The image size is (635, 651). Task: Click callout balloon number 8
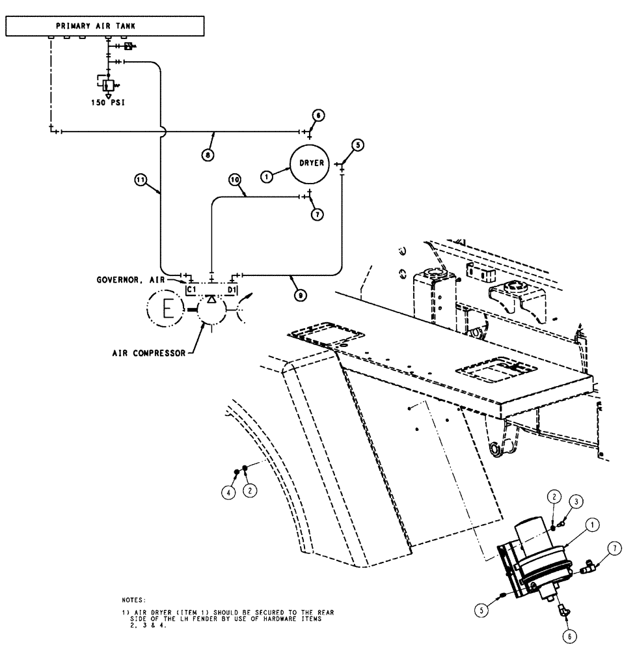pos(207,156)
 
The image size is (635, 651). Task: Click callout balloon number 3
pos(577,501)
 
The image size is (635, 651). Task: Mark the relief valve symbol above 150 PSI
pos(109,85)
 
